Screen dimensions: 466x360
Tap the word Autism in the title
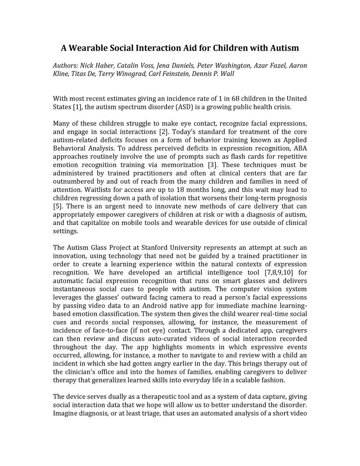[284, 48]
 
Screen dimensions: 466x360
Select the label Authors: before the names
[65, 66]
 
